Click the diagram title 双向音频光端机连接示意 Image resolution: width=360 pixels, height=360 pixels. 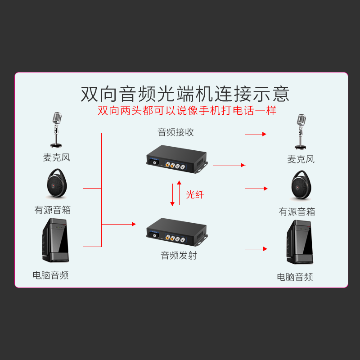(x=185, y=94)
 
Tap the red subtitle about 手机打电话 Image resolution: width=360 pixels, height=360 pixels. (x=187, y=111)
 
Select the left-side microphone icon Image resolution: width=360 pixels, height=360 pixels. (x=56, y=130)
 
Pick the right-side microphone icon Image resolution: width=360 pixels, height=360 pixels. (x=300, y=131)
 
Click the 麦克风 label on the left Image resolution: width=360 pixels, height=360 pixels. (x=57, y=158)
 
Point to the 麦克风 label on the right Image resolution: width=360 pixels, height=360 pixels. (x=301, y=159)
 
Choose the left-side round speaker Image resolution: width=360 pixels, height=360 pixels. (x=56, y=184)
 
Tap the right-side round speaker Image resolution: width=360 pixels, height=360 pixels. (x=301, y=185)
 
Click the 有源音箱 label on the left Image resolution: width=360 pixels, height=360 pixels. (x=53, y=210)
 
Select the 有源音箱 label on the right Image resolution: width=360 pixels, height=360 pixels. (x=297, y=212)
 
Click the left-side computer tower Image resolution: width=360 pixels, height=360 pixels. (x=56, y=241)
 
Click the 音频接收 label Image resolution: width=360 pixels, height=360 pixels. (x=175, y=132)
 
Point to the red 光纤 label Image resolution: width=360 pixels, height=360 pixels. (x=195, y=194)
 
